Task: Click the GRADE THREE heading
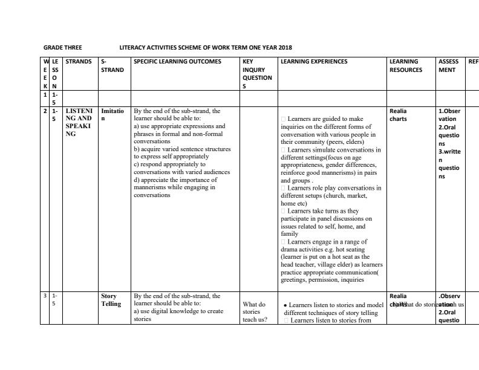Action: [63, 47]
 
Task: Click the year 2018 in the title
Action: [285, 47]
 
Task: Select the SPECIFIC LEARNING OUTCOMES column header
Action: [177, 62]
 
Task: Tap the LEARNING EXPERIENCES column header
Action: [314, 62]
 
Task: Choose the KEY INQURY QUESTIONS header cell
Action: [257, 74]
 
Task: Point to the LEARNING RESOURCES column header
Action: [406, 66]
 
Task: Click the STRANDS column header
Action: [79, 62]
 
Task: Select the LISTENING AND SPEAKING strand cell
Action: [79, 122]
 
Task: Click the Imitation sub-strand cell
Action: [112, 115]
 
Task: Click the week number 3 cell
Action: [45, 296]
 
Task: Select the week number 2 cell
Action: [45, 111]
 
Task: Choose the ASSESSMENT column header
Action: [448, 66]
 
